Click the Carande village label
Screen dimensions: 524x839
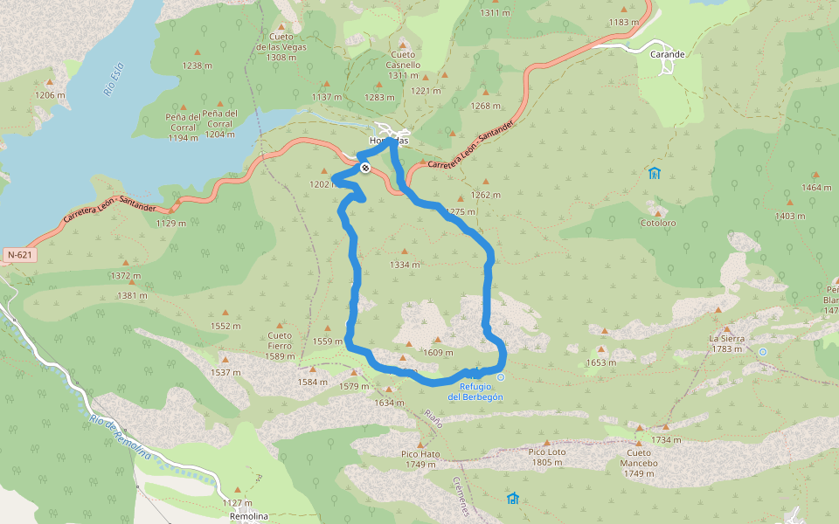668,54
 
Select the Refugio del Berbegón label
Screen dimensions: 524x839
475,392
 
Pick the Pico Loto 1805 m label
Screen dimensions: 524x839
545,458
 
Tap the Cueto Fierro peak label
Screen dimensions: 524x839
280,346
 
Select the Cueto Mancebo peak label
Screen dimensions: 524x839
639,468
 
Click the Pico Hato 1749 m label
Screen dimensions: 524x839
420,459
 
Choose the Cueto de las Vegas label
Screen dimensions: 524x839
281,46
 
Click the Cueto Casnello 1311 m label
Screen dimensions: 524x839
404,70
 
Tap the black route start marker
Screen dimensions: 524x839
364,168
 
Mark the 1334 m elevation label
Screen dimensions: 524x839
405,265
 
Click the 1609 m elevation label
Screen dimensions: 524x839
438,353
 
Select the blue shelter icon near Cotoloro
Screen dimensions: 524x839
655,173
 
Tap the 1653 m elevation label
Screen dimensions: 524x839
601,362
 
